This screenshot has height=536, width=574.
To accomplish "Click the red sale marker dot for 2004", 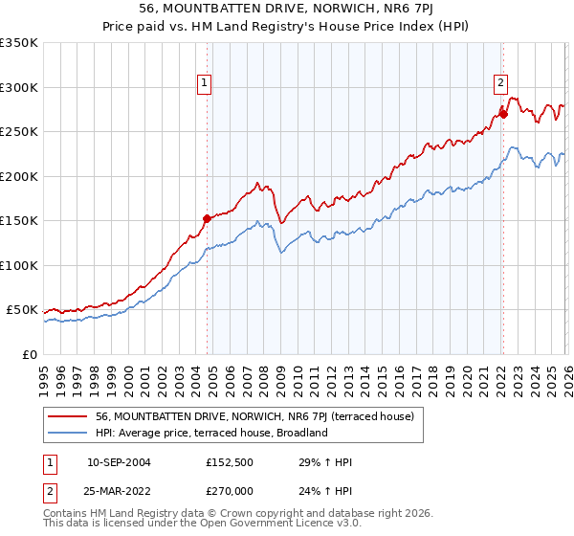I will click(207, 218).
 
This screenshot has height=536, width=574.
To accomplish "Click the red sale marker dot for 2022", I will click(503, 115).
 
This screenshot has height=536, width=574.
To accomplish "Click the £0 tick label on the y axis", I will click(29, 355).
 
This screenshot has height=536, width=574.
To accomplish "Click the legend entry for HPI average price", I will click(211, 433).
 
